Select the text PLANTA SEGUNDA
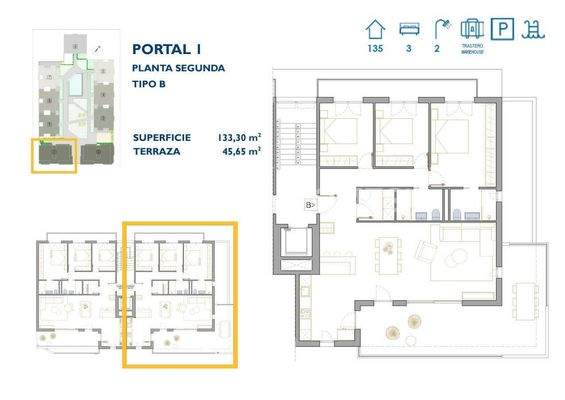(x=178, y=68)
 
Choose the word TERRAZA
(x=158, y=152)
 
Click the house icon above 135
(x=376, y=27)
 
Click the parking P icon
(x=506, y=28)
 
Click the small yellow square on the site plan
(x=54, y=157)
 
